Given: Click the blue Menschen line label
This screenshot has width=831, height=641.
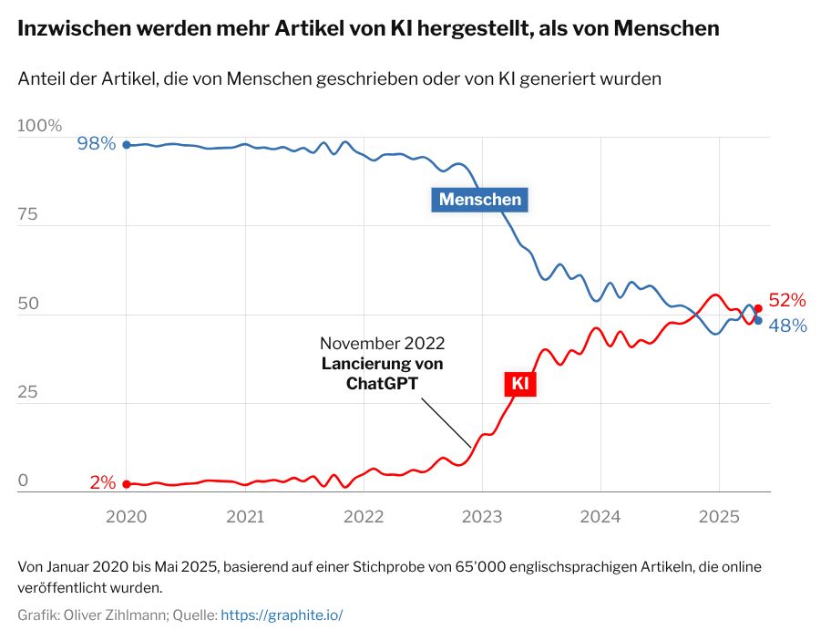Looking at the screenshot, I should tap(480, 199).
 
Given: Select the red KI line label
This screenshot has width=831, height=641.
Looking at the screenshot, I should tap(519, 384).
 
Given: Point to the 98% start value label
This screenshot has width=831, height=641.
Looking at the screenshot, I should tap(97, 143).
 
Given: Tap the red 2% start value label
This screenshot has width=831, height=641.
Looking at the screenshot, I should tap(102, 483).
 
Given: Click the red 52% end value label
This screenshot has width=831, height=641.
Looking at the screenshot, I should tap(787, 300).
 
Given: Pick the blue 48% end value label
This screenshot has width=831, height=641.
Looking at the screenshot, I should tap(787, 324).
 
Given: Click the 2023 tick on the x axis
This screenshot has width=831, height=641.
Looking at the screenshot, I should tap(482, 516).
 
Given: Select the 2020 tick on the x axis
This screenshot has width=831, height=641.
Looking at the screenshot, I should tap(126, 516).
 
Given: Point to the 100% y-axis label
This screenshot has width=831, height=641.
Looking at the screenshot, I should tap(40, 126).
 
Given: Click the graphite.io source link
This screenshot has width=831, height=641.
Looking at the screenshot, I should tap(282, 615).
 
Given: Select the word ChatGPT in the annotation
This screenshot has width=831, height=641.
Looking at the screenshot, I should tap(383, 383).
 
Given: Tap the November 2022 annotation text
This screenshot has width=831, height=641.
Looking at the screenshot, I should tap(383, 344).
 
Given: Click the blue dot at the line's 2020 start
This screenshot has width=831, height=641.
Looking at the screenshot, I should tap(127, 145).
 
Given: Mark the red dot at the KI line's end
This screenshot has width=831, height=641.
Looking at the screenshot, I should tap(758, 308).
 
